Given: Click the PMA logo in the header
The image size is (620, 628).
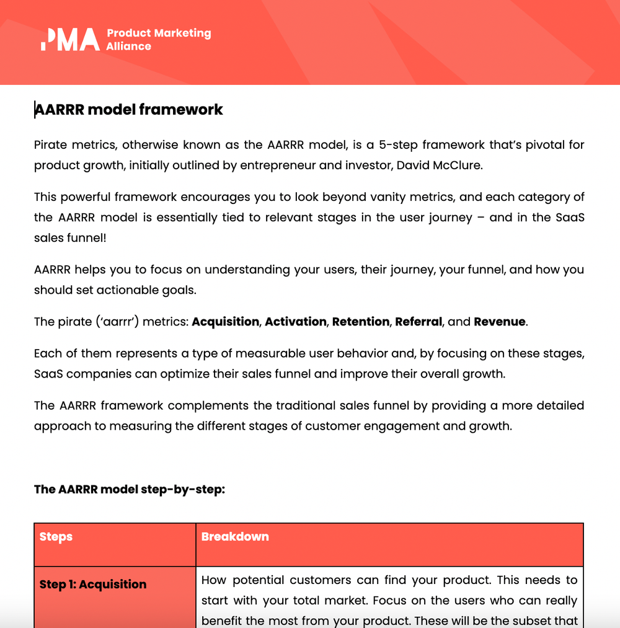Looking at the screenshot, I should click(69, 39).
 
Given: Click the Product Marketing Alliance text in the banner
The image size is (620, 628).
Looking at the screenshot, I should click(158, 39).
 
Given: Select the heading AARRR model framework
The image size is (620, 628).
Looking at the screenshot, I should click(128, 110).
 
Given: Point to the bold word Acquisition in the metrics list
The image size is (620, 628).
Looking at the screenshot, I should click(225, 322).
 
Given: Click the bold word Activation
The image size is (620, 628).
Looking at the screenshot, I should click(296, 322).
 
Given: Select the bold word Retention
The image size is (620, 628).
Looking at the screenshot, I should click(361, 322).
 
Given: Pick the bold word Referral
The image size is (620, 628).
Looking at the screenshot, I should click(418, 322).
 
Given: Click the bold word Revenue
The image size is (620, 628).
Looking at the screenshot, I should click(499, 322).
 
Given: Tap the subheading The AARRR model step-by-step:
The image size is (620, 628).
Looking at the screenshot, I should click(129, 489).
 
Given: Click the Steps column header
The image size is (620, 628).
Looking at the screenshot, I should click(56, 537).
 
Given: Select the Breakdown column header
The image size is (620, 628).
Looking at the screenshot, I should click(235, 537).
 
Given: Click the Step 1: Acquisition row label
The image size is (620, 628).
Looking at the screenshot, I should click(93, 585).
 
